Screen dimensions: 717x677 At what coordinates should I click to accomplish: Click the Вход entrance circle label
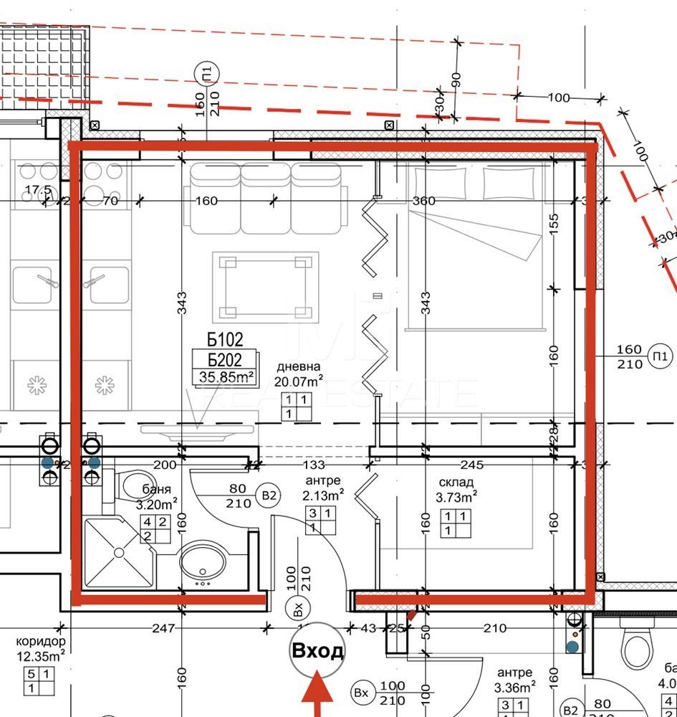tap(317, 650)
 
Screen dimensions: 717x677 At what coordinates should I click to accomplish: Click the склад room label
tap(455, 481)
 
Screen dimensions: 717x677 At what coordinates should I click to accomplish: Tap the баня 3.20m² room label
tap(156, 497)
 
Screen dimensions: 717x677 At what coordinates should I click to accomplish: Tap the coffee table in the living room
tap(265, 287)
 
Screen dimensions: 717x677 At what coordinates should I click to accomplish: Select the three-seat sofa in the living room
tap(265, 199)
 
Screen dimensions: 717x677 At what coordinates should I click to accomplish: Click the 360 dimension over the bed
tap(424, 201)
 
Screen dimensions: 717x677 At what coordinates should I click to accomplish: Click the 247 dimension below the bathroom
tap(163, 629)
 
